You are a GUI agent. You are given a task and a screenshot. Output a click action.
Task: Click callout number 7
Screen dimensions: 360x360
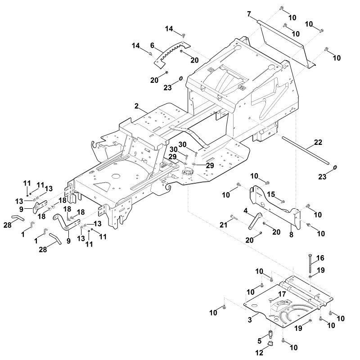pos(249,14)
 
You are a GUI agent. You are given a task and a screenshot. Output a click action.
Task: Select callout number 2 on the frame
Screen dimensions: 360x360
pos(137,106)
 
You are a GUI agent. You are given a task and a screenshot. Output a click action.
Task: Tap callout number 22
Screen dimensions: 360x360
pos(318,142)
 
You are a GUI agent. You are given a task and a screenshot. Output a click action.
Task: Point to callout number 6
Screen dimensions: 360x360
pos(152,45)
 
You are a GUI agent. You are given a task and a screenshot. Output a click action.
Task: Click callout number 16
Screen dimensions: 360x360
pos(320,258)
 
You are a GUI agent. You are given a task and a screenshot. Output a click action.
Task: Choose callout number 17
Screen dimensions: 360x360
pos(282,294)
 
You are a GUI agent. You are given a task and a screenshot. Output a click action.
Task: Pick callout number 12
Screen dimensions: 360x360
pos(260,352)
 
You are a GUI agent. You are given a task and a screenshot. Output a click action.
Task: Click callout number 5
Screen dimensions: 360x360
pos(260,341)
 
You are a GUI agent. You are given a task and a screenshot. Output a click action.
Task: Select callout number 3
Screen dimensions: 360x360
pos(250,319)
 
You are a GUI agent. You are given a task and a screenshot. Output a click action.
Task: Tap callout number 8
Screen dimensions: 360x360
pos(291,235)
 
